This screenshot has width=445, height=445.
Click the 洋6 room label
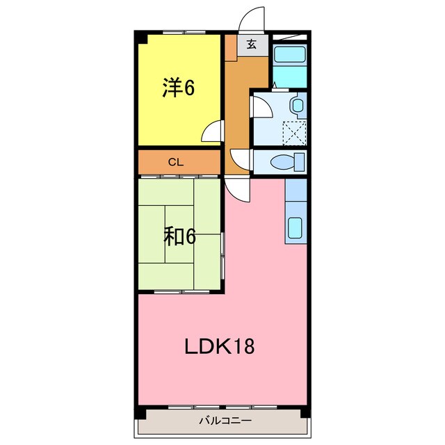[x=179, y=88]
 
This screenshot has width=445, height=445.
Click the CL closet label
[x=175, y=163]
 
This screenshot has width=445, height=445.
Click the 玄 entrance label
[x=252, y=45]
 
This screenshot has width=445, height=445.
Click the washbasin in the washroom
[x=297, y=106]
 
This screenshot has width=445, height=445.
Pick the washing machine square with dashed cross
[x=294, y=131]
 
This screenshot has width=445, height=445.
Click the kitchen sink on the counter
[x=296, y=227]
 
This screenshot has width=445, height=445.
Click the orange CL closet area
[x=153, y=163]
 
